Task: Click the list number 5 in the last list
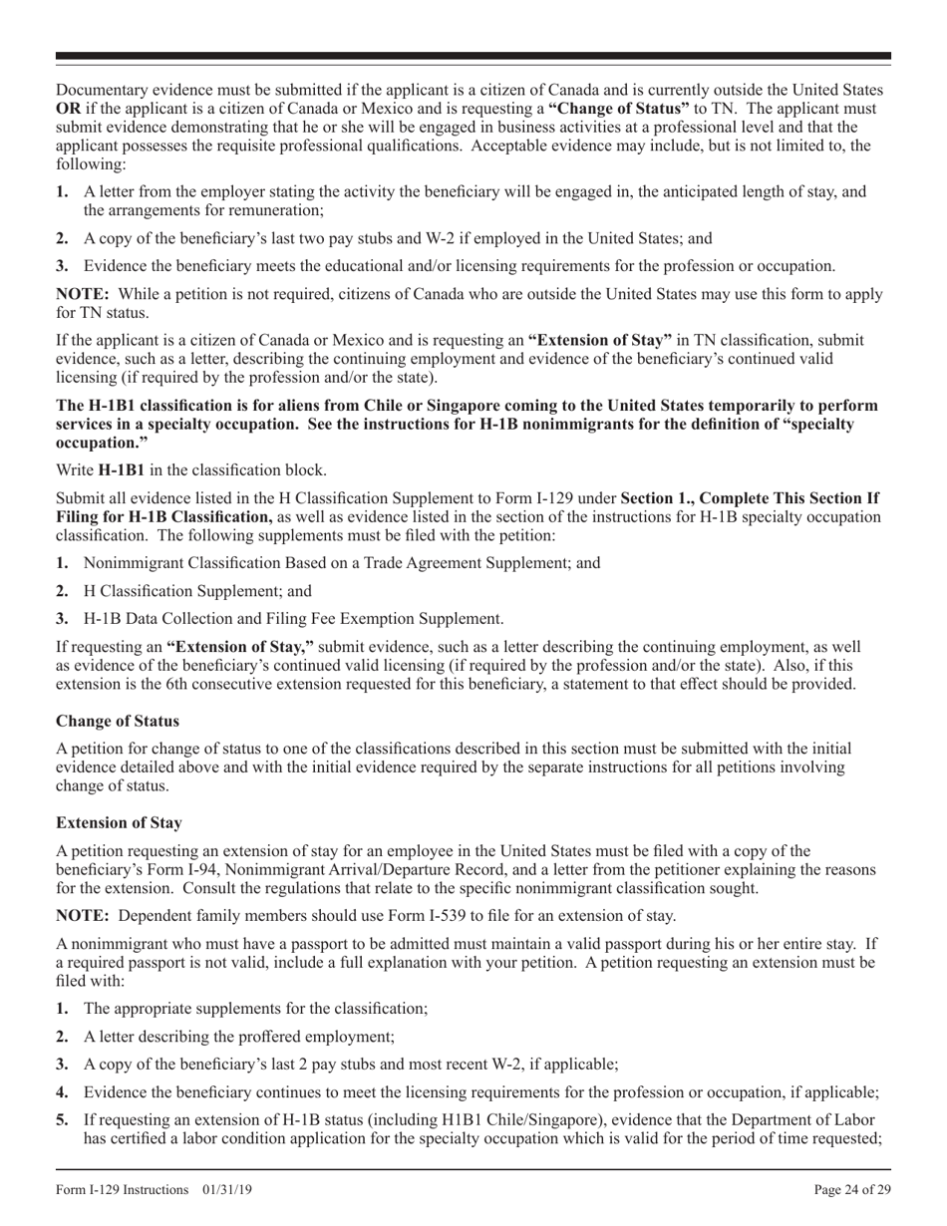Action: click(62, 1120)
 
